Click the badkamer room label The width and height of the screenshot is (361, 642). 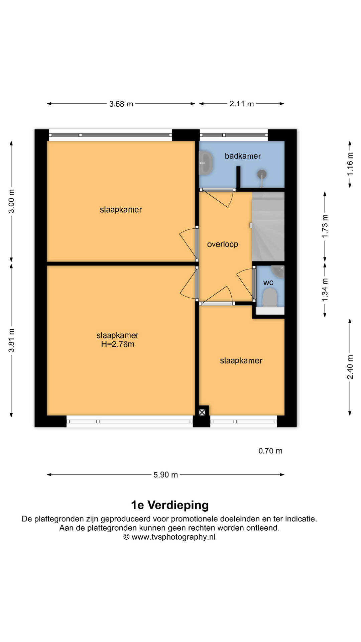click(243, 156)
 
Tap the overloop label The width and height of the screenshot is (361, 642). click(223, 244)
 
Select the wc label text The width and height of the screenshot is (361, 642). click(268, 283)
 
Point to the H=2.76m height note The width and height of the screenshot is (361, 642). click(118, 344)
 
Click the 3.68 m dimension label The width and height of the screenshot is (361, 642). click(121, 104)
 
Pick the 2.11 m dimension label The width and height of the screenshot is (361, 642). click(242, 104)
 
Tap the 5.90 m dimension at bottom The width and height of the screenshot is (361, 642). click(166, 475)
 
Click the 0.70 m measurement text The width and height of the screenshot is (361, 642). click(270, 451)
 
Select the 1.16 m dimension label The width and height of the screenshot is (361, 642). click(350, 164)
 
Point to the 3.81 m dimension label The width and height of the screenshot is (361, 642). click(11, 340)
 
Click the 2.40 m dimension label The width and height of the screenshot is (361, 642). click(350, 367)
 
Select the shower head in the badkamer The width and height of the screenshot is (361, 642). click(262, 174)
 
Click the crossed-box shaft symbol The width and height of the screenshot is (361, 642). click(202, 412)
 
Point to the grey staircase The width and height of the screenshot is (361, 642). click(268, 226)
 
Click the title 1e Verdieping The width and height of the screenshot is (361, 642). click(170, 505)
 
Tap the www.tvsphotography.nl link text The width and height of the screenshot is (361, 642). click(173, 537)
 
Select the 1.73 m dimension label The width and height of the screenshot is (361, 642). click(325, 226)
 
